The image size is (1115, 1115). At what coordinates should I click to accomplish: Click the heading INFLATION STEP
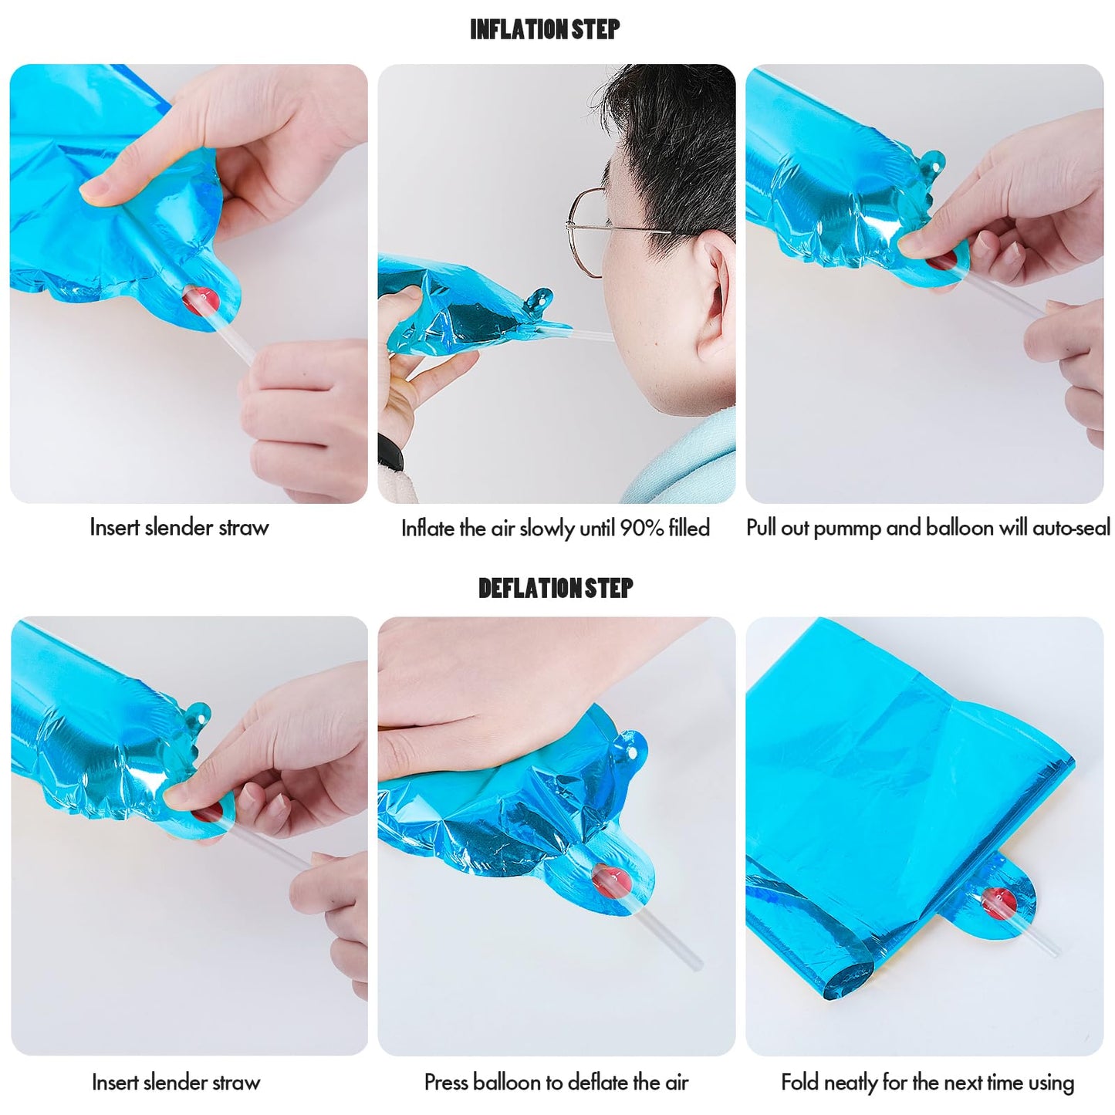click(x=545, y=29)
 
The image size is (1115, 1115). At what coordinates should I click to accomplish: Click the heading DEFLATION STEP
click(x=556, y=589)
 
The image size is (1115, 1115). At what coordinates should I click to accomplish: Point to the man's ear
click(x=718, y=289)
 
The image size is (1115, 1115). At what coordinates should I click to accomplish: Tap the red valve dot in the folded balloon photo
click(x=998, y=904)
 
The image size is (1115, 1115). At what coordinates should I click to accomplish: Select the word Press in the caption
click(x=445, y=1081)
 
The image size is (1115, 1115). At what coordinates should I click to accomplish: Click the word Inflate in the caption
click(x=427, y=528)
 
